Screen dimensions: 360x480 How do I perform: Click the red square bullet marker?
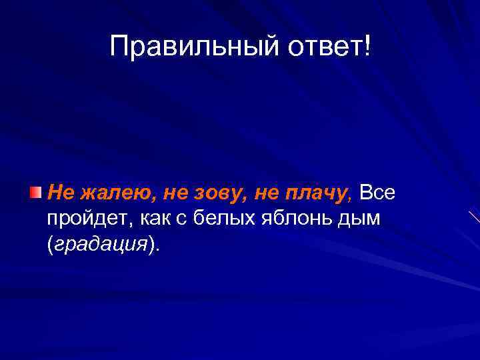point(35,193)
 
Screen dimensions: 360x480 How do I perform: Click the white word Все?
point(377,193)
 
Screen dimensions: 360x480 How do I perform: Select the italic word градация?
point(101,245)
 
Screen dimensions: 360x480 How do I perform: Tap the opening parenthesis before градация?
point(50,245)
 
